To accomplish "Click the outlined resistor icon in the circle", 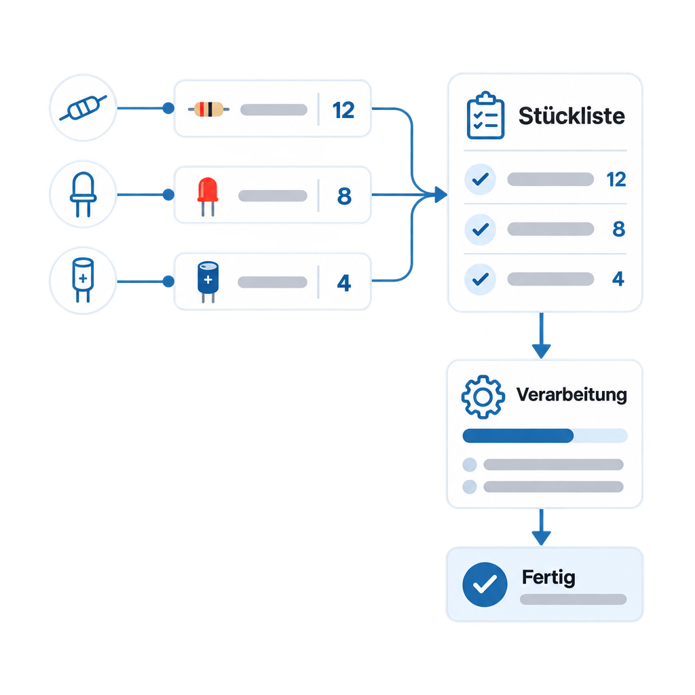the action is click(x=83, y=108).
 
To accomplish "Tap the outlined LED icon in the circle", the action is click(x=83, y=194).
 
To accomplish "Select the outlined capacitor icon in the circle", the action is click(x=83, y=280).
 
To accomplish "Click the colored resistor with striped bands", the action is click(x=209, y=109).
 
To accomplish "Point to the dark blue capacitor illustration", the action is click(x=208, y=282).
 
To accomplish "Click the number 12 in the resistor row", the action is click(x=343, y=110).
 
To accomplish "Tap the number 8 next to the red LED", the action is click(x=344, y=196).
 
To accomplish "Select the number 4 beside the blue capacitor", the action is click(x=344, y=283).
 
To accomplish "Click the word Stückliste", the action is click(x=571, y=116).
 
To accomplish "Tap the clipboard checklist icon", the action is click(x=486, y=115).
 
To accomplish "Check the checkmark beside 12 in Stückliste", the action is click(x=480, y=179).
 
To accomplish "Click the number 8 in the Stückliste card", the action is click(x=619, y=229).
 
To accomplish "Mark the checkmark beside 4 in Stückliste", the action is click(x=480, y=279).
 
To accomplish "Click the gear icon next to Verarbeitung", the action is click(x=483, y=396).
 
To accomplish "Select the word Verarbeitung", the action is click(x=571, y=394).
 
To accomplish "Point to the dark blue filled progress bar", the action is click(x=518, y=436).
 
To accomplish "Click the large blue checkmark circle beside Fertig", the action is click(x=485, y=584).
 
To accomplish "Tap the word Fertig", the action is click(x=548, y=578).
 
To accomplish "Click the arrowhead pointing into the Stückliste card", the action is click(x=441, y=195).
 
